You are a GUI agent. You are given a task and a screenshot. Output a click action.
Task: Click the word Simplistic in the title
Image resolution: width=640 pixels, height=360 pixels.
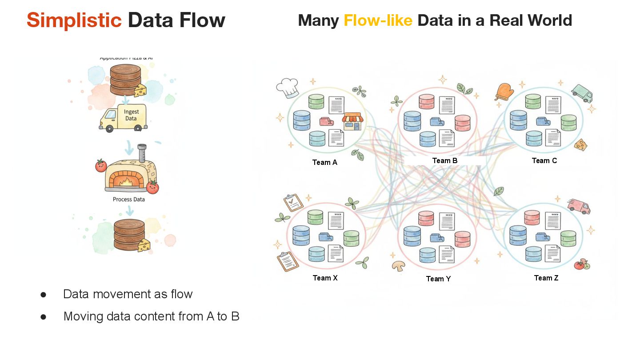(74, 20)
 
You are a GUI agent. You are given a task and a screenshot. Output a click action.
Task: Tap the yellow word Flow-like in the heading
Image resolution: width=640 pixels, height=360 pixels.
(378, 20)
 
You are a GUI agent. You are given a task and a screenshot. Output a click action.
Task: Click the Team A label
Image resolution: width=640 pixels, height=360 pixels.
(324, 162)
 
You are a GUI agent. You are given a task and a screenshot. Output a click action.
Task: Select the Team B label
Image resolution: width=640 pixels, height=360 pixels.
(444, 160)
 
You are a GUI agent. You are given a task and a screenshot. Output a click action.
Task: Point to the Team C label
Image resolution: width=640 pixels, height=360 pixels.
(544, 160)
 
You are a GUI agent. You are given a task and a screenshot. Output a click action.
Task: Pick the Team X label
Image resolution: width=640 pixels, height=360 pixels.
(325, 278)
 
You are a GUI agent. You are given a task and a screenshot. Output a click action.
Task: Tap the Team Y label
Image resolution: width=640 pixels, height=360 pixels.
(438, 279)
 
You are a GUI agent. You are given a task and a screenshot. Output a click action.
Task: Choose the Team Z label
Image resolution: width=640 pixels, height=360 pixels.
(546, 278)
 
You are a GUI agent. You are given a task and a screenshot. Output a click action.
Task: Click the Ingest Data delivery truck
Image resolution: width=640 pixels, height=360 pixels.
(123, 117)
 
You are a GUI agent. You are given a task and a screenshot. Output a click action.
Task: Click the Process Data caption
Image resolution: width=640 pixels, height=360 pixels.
(128, 200)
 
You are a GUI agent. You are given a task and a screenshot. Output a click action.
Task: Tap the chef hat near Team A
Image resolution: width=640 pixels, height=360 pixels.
(289, 88)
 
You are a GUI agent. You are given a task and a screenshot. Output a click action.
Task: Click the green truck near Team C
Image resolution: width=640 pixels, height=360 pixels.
(582, 93)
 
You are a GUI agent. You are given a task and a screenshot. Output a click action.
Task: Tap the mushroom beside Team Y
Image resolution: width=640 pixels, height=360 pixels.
(399, 266)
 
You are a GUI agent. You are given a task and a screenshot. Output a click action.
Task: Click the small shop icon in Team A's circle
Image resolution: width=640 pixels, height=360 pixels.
(352, 121)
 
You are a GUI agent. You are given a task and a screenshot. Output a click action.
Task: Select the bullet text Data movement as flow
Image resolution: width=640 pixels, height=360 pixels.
(128, 294)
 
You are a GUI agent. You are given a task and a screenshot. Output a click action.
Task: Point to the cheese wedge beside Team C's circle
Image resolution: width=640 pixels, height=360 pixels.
(580, 144)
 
